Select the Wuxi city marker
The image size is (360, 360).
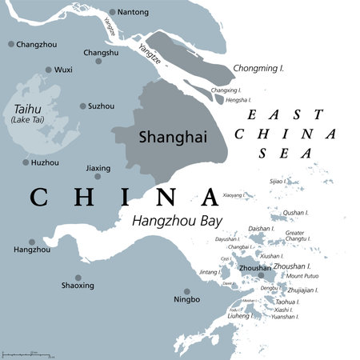pos(49,70)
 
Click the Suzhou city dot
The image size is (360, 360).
pos(83,106)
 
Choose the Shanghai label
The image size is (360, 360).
pos(166,137)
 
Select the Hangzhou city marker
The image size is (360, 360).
pos(32,242)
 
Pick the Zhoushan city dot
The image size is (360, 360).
pos(261,276)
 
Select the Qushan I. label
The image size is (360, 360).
pos(295,213)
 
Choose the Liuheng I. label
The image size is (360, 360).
pos(240,317)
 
